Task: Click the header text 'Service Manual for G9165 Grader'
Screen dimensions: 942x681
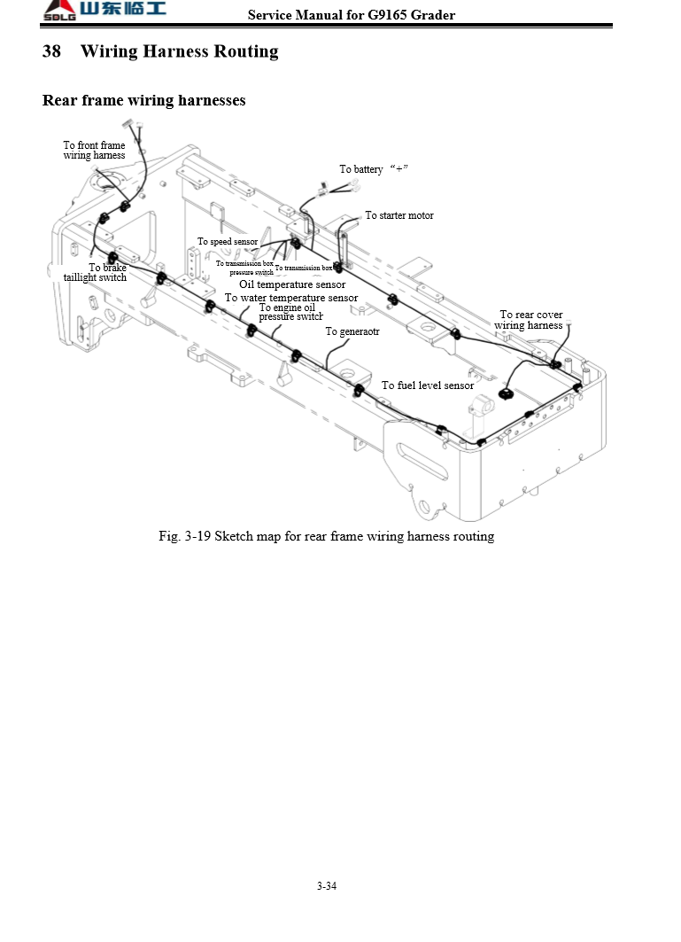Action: (x=352, y=15)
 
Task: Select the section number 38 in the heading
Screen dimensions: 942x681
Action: (x=51, y=51)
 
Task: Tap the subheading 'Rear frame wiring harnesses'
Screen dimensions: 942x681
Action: (x=144, y=100)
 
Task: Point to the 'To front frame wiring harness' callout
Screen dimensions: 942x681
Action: (x=94, y=151)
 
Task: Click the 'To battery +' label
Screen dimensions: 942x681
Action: (x=373, y=169)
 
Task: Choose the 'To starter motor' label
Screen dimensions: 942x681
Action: (x=399, y=215)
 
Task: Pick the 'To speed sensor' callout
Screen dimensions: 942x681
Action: (x=228, y=242)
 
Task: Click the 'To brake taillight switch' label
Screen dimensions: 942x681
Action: (x=96, y=273)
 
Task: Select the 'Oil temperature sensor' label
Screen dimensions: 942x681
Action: (x=292, y=284)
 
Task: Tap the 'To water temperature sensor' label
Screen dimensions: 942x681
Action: (x=291, y=298)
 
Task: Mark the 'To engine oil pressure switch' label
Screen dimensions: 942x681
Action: (x=290, y=312)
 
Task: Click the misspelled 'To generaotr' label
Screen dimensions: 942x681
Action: (x=352, y=331)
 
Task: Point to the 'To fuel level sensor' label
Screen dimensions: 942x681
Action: (x=428, y=385)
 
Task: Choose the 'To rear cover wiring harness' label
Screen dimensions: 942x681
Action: (x=530, y=320)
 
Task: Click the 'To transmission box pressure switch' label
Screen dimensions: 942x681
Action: (x=244, y=268)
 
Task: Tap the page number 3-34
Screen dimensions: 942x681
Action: (x=326, y=886)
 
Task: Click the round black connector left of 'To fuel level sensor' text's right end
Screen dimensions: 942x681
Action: (x=507, y=393)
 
